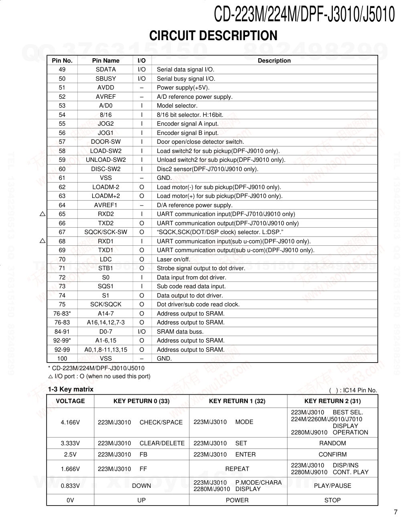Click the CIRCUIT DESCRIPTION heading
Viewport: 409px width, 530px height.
(213, 36)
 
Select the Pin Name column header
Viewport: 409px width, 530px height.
(105, 61)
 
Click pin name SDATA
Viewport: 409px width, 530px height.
(105, 69)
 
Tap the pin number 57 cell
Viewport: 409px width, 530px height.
(62, 142)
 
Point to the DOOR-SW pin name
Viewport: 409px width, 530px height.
(105, 142)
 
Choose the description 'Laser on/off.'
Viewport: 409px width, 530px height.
(173, 259)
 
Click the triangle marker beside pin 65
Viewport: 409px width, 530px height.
(43, 214)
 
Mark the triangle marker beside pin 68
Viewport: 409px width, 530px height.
(43, 241)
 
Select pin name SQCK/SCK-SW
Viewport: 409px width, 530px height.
(105, 232)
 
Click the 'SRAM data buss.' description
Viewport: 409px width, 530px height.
(180, 332)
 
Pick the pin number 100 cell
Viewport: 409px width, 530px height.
(62, 359)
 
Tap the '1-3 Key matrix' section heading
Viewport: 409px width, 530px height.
(71, 389)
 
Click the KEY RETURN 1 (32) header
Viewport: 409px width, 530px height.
(237, 401)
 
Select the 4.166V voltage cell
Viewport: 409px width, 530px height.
(70, 422)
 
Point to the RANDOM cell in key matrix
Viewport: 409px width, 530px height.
(332, 443)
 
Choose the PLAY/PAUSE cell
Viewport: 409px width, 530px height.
(332, 486)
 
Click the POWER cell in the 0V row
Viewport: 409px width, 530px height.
(237, 500)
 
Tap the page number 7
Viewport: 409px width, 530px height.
(395, 512)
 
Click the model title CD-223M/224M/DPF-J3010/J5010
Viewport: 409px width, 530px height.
(304, 14)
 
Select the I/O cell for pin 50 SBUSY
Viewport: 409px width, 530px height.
(142, 79)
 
